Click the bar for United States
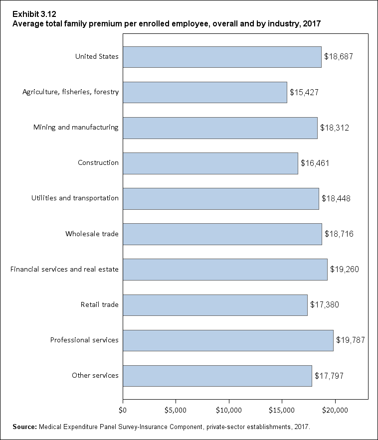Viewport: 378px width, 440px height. [222, 57]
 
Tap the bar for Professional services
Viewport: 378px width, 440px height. [228, 340]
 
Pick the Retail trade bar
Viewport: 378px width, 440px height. [215, 305]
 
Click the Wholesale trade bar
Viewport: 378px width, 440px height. [222, 234]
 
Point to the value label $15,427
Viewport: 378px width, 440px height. [304, 92]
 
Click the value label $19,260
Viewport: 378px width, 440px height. [344, 270]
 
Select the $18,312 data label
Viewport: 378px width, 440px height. [334, 128]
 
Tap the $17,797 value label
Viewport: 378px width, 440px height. [329, 376]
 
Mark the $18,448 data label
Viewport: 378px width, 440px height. [336, 198]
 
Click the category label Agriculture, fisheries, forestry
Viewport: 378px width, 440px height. [71, 92]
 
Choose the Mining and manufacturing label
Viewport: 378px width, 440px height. [76, 127]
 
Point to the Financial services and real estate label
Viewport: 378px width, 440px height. [65, 269]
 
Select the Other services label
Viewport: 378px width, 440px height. [95, 375]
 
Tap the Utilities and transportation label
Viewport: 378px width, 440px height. [75, 198]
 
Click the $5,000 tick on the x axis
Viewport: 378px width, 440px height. [176, 410]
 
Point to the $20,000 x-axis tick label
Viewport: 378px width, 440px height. [335, 410]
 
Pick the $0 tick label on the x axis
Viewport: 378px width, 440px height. [123, 410]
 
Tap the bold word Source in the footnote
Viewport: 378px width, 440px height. [24, 427]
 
